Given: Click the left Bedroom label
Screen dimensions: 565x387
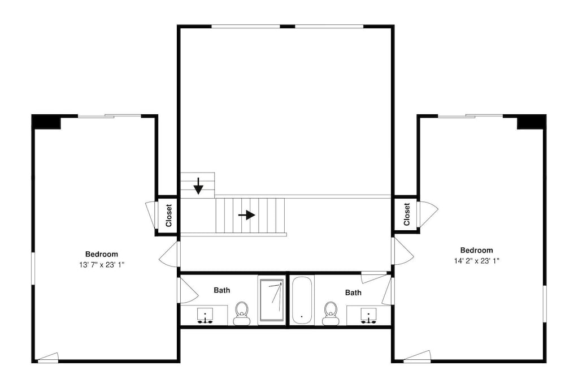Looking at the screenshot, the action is point(102,254).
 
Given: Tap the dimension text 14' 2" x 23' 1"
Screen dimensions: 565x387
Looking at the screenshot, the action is point(477,261).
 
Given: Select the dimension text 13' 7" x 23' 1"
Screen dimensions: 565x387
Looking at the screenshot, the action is point(102,265).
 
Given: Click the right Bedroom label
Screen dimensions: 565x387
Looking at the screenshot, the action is point(477,250).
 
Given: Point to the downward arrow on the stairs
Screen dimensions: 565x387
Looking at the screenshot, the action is point(198,186).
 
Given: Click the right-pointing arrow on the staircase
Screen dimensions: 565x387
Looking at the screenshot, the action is point(247,216).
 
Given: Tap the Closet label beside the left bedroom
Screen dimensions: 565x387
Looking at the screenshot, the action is point(168,216).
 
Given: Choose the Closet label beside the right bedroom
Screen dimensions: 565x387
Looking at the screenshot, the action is point(407,214).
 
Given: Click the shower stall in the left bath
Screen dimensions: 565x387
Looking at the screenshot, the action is point(271,300).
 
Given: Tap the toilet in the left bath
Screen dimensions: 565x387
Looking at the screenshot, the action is point(242,313).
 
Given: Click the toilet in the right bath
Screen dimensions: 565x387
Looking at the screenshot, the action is point(331,313).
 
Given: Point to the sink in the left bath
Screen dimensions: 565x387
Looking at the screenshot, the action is point(205,315).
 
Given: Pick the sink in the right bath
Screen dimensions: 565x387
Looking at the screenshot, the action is point(368,315).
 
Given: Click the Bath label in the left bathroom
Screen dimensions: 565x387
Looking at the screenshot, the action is point(222,290).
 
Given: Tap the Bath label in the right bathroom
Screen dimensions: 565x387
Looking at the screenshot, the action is point(353,293).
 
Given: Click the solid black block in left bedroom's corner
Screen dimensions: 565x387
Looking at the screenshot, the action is point(46,122).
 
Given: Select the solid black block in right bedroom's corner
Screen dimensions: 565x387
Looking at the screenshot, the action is point(532,122).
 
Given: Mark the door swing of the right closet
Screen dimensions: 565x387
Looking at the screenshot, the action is point(428,214).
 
